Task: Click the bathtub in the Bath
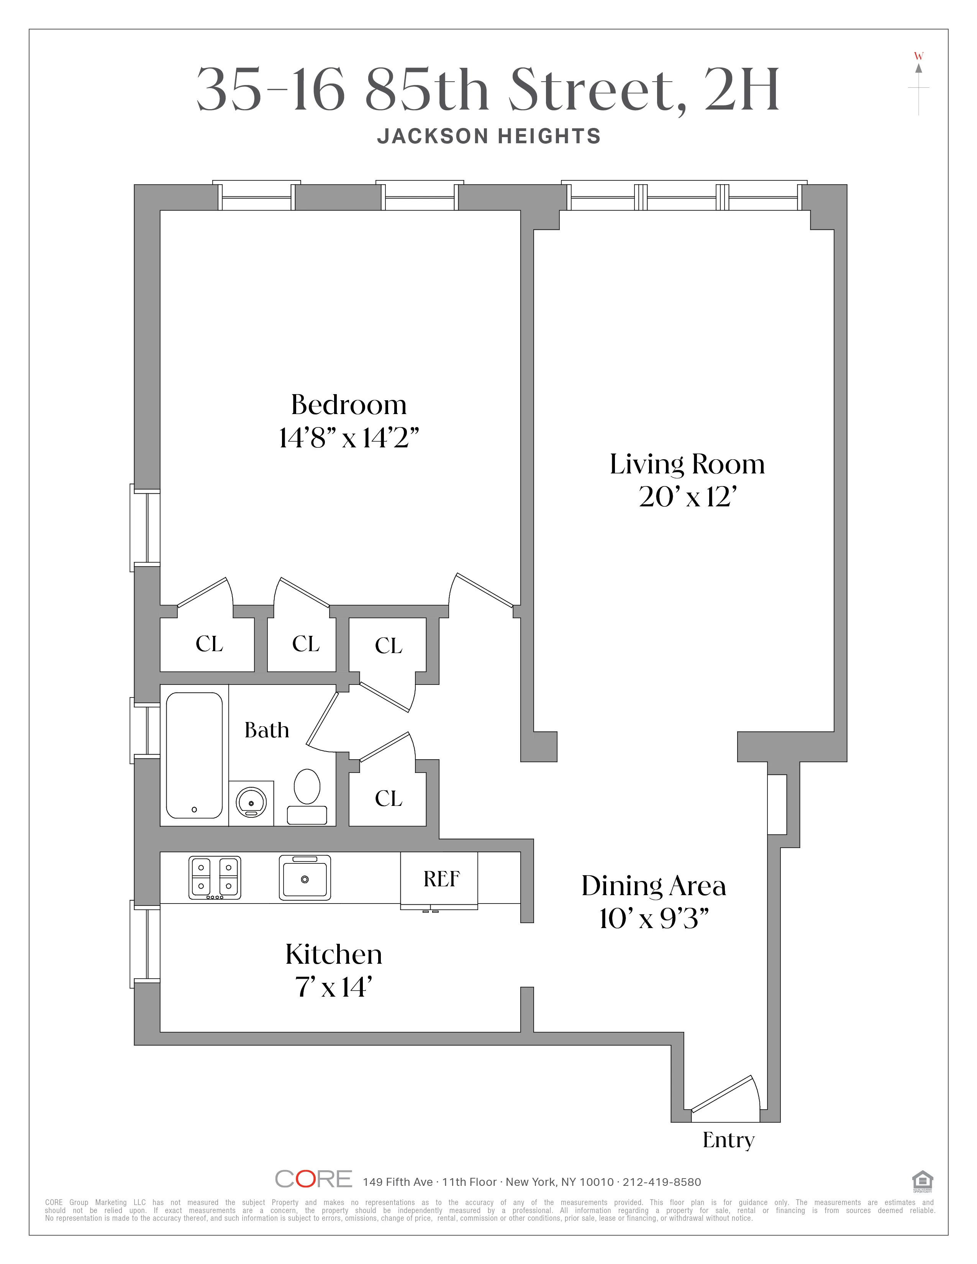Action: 194,755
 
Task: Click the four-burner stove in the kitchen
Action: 215,878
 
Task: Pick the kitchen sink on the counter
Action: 305,878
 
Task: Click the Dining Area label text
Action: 654,886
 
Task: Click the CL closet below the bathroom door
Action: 389,799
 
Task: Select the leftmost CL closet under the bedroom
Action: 209,643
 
